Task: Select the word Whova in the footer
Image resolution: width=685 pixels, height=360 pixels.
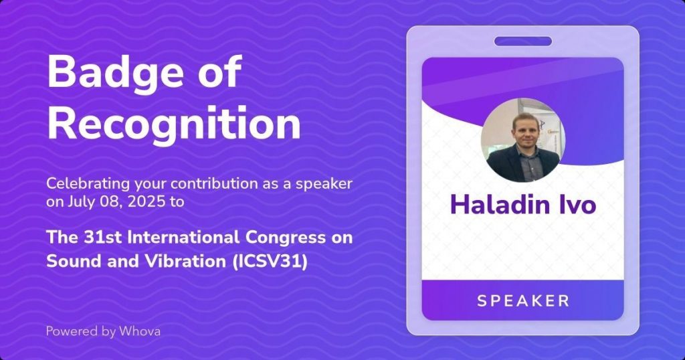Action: pyautogui.click(x=140, y=331)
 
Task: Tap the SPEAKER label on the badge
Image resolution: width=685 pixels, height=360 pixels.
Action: pyautogui.click(x=523, y=300)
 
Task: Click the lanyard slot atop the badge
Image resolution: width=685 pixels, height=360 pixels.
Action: pyautogui.click(x=523, y=41)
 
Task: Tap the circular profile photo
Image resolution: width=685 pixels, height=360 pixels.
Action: pyautogui.click(x=523, y=140)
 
